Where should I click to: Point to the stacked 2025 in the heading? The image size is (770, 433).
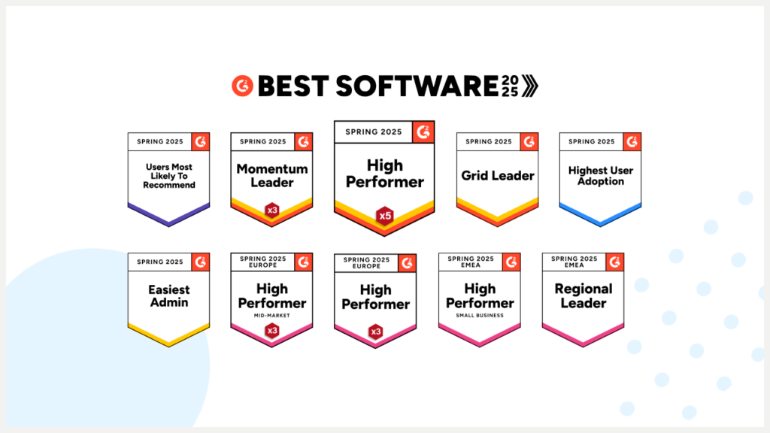coord(511,86)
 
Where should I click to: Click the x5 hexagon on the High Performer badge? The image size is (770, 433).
coord(385,216)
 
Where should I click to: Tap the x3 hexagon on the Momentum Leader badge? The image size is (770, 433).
coord(271,210)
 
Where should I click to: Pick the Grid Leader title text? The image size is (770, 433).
coord(498,176)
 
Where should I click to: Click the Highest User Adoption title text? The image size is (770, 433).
coord(600,176)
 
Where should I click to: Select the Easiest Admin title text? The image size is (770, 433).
coord(169,295)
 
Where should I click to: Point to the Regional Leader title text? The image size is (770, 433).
coord(583,295)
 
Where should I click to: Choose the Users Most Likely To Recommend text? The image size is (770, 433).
coord(169,176)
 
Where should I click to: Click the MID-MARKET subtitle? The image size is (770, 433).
coord(272,316)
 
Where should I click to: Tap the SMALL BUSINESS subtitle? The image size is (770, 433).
coord(479,316)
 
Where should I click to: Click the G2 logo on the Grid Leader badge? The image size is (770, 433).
coord(529,141)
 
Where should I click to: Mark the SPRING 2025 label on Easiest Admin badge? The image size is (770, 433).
coord(160,262)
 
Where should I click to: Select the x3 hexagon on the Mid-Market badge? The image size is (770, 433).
coord(271,330)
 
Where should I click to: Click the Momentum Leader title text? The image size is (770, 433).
coord(272,176)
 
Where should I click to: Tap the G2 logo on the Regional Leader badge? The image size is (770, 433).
coord(614,262)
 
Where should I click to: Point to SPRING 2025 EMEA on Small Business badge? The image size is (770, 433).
coord(470,262)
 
